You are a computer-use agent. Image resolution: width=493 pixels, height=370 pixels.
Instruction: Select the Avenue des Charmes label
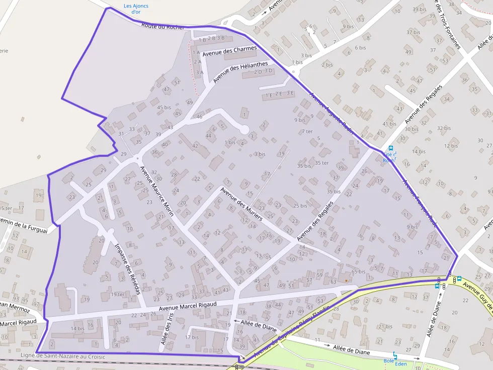tap(229, 51)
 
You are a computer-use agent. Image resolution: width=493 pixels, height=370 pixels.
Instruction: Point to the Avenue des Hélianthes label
tap(240, 72)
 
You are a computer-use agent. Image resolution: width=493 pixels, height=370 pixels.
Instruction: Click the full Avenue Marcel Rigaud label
tap(187, 306)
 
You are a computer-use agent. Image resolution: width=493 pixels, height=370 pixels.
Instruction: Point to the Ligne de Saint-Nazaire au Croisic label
tap(63, 356)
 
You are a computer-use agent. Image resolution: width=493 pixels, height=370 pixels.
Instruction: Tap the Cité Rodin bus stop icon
tap(391, 149)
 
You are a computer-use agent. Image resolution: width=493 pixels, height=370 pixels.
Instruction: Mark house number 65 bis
tap(358, 272)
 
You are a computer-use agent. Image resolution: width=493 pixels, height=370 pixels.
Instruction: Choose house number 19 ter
tap(117, 294)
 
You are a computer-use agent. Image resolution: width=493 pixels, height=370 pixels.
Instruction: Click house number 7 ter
tap(307, 132)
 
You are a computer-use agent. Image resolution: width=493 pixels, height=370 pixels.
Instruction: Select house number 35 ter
tap(321, 163)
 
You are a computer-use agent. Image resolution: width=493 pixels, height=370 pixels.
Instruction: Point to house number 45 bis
tap(164, 107)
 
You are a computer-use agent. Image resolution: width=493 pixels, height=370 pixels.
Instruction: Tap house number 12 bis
tap(451, 146)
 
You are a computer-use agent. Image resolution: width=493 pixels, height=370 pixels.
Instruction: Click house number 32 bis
tap(444, 128)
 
